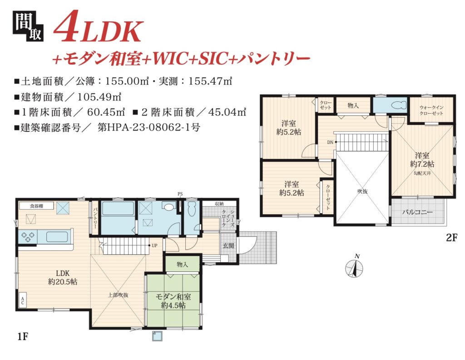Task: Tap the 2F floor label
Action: tap(451, 238)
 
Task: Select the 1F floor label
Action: tap(23, 337)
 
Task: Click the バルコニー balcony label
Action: tap(417, 212)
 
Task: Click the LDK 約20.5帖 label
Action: tap(63, 277)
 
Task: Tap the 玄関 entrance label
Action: tap(228, 246)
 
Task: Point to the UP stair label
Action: tap(154, 245)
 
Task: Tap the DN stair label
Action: tap(331, 142)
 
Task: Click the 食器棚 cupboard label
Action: tap(36, 205)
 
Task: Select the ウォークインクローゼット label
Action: tap(431, 110)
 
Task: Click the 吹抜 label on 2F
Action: tap(362, 191)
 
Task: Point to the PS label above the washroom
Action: tap(180, 194)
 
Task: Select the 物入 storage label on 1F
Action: tap(182, 264)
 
